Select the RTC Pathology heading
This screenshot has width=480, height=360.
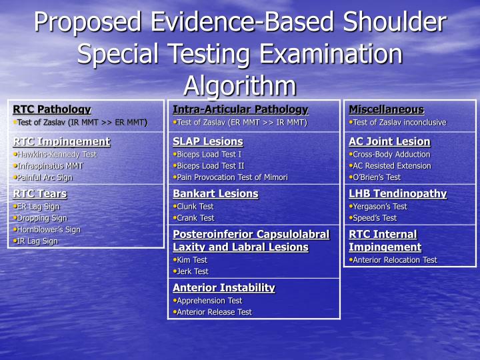pos(51,109)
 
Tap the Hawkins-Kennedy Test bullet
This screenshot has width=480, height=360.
pos(57,154)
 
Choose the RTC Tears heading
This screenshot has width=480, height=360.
pos(40,194)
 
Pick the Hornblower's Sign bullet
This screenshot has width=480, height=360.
pos(49,229)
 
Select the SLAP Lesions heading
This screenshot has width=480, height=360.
pos(207,141)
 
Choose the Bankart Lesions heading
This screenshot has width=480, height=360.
pos(215,194)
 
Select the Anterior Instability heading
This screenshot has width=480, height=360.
pos(224,288)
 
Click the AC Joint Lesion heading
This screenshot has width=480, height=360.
pos(389,141)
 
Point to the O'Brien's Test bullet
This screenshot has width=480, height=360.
pos(377,177)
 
